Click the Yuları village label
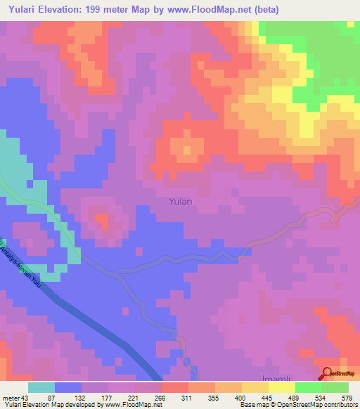[184, 202]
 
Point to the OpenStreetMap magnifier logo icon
[328, 373]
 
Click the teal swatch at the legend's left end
[41, 387]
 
